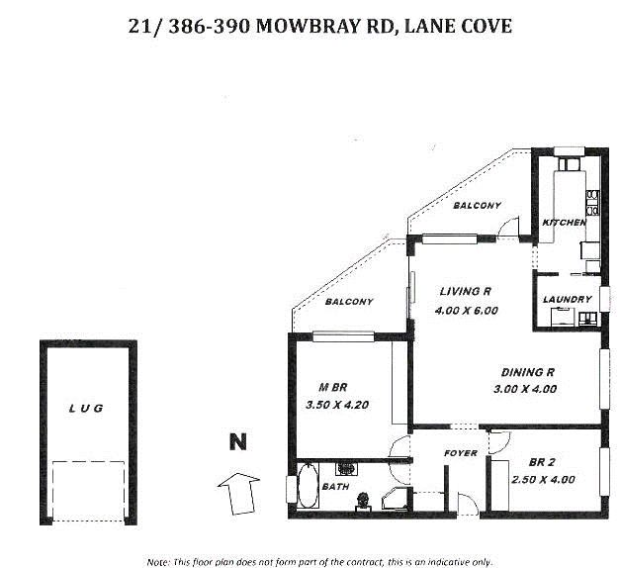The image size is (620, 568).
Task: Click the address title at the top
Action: point(320,26)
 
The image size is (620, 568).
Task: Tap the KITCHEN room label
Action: point(565,223)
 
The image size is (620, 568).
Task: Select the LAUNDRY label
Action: point(568,299)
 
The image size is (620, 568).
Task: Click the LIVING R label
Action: point(466,292)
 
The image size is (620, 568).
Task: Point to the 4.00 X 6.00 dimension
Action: point(466,311)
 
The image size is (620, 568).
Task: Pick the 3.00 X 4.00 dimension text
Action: point(524,389)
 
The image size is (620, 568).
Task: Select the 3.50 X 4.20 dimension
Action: point(336,404)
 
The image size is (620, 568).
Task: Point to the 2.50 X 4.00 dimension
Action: point(543,480)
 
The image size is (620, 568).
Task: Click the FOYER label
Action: point(461,453)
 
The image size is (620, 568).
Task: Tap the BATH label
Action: point(334,486)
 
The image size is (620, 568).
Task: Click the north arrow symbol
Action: point(236,492)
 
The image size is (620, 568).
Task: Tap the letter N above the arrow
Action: point(237,441)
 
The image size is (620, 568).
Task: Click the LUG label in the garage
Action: point(86,408)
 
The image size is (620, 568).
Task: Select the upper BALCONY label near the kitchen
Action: point(478,206)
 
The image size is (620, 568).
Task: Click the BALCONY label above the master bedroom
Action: point(349,302)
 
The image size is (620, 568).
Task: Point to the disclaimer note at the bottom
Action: point(318,561)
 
